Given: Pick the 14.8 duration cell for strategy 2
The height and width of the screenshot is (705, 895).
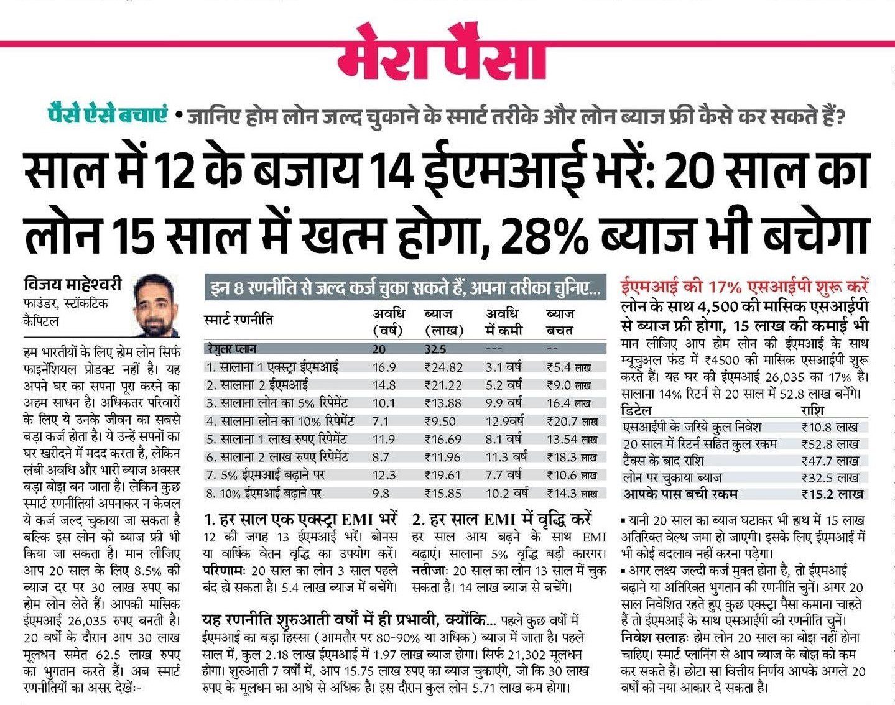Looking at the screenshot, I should (x=384, y=385).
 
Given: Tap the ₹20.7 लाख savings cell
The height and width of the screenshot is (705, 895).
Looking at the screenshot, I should (x=572, y=421).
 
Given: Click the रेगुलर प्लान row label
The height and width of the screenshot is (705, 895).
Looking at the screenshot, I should (x=234, y=349).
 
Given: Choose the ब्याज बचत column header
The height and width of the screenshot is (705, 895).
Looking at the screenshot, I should (x=560, y=322).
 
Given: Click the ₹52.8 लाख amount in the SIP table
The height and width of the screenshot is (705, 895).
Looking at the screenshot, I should (x=830, y=444).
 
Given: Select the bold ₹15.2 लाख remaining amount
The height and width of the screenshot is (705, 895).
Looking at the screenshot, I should (x=832, y=494).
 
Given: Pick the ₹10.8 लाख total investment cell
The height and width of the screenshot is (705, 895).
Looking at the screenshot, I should (x=830, y=427).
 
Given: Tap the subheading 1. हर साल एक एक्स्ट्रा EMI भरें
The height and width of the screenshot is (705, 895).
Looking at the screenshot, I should (x=300, y=518).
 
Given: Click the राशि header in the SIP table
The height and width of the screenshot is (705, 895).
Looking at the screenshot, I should (x=815, y=410).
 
